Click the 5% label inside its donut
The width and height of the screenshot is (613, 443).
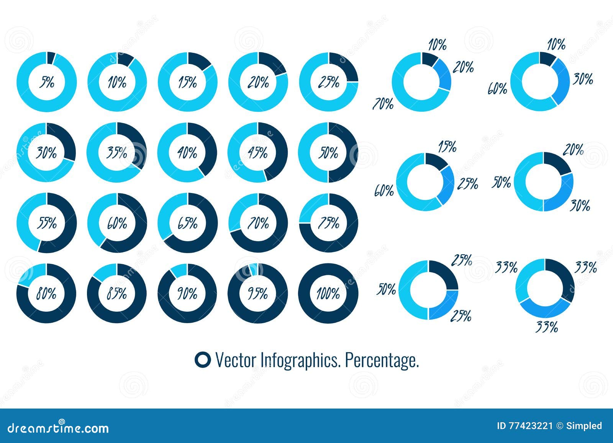[x=48, y=82]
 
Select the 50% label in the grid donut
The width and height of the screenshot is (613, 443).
[x=329, y=153]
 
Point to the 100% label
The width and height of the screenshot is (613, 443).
[x=328, y=294]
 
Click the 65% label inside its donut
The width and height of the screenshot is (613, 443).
[x=188, y=223]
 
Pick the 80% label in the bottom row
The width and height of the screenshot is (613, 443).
[x=46, y=294]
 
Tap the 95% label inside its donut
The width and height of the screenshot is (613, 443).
[x=258, y=294]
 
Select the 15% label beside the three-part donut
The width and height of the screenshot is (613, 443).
[x=447, y=146]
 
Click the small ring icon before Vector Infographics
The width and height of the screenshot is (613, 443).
[x=202, y=360]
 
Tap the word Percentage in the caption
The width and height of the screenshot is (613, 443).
[x=382, y=360]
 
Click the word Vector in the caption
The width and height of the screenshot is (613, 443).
[x=236, y=360]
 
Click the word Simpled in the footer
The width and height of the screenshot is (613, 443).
[x=585, y=426]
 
